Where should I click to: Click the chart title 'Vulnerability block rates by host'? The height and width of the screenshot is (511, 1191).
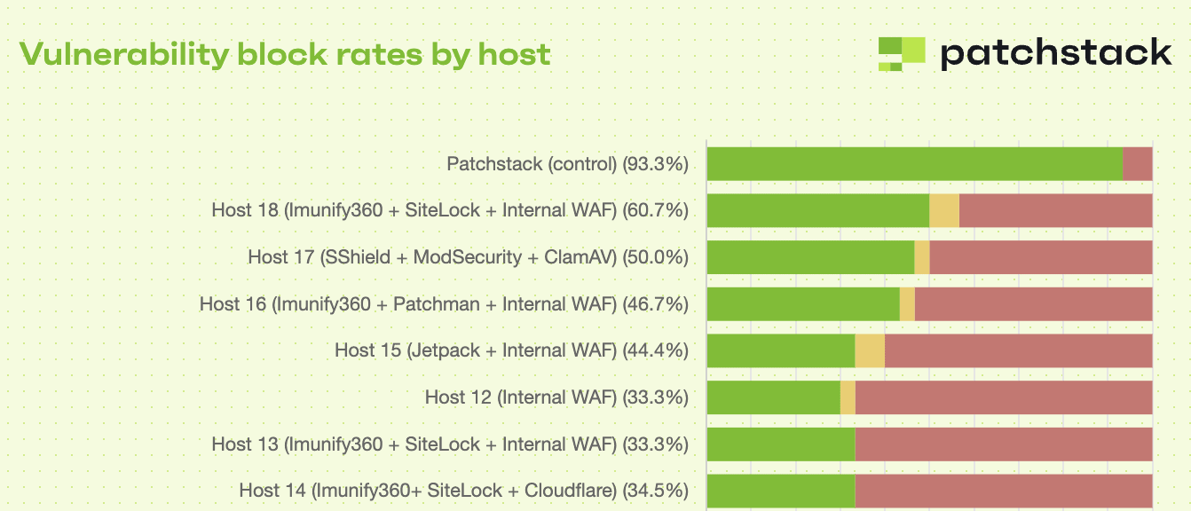(x=285, y=55)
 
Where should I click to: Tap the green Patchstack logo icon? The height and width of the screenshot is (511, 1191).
(x=901, y=53)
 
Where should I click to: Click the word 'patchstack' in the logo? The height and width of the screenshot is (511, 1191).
(x=1055, y=53)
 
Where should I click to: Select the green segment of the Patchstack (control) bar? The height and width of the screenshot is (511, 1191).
(x=914, y=164)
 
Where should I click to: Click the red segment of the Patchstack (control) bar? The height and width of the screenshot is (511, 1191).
(x=1137, y=164)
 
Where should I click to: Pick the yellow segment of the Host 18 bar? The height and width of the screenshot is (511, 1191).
(x=944, y=210)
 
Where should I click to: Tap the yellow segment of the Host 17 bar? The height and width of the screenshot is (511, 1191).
(x=922, y=257)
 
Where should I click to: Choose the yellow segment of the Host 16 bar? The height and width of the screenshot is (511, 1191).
(x=907, y=303)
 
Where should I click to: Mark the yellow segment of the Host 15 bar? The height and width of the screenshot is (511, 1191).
(x=870, y=350)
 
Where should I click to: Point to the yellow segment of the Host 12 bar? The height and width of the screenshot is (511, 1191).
(x=848, y=397)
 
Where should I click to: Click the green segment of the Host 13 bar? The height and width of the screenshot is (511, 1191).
(x=781, y=444)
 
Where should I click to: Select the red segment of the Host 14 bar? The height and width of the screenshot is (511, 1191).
(x=1003, y=491)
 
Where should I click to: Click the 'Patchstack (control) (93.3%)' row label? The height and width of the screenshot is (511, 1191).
(x=567, y=164)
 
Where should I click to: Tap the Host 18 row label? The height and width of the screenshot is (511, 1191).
(x=450, y=210)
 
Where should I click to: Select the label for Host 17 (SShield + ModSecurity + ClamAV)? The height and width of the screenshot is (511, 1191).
(x=468, y=257)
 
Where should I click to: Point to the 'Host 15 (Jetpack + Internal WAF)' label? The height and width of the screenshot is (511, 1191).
(x=475, y=350)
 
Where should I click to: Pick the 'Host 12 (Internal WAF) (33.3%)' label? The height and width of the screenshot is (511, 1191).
(x=556, y=397)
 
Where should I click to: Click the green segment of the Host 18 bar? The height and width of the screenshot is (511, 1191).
(x=817, y=210)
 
